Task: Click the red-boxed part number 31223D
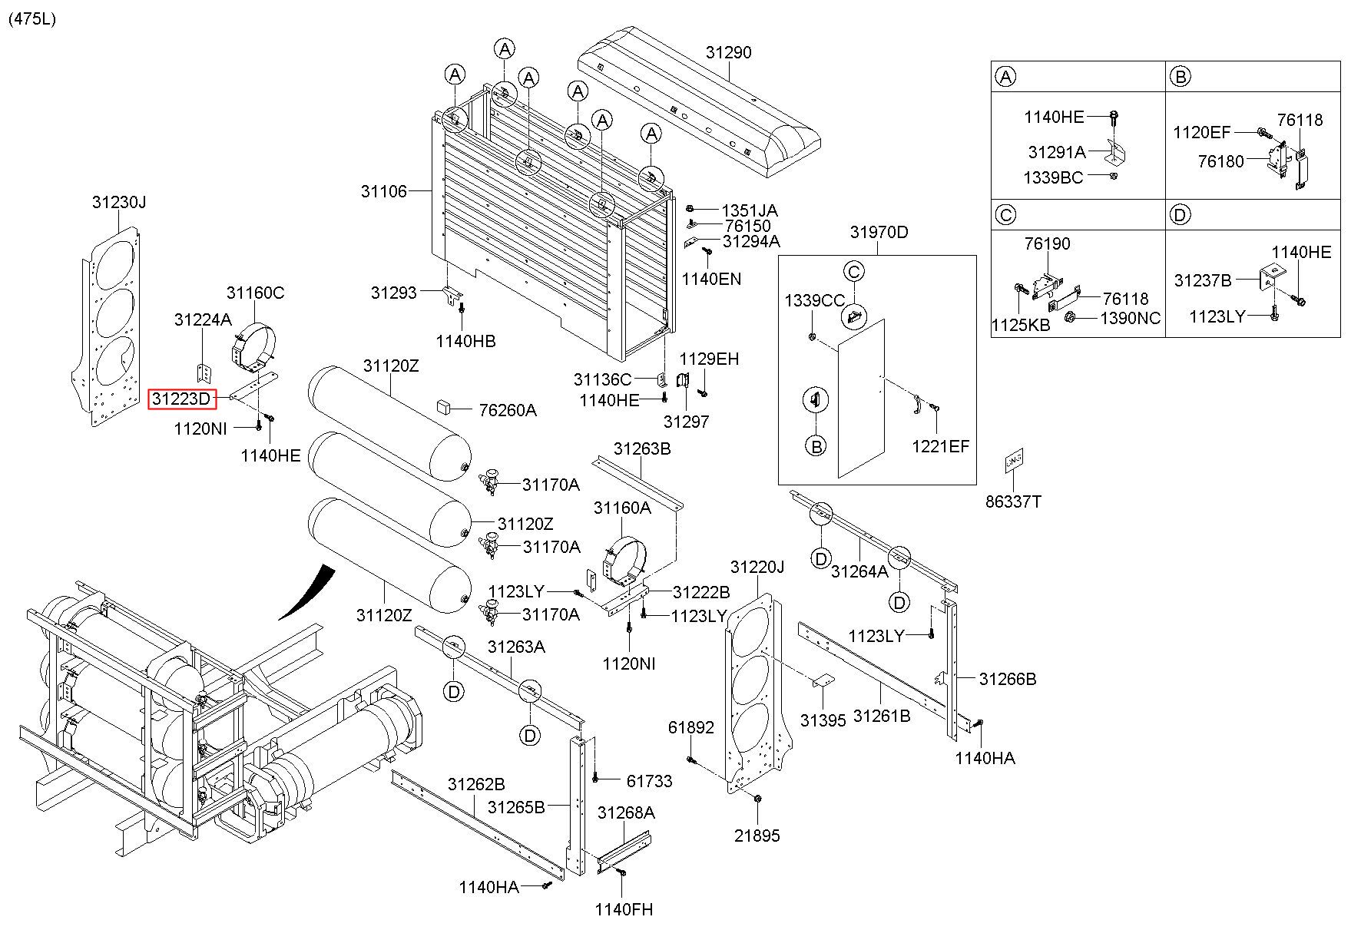(x=182, y=399)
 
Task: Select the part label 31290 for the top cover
(x=728, y=52)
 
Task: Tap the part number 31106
(x=383, y=190)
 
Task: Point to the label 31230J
(x=119, y=202)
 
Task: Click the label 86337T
(x=1013, y=501)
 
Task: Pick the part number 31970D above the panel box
(x=878, y=232)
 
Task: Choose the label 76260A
(x=507, y=410)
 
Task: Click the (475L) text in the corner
(x=32, y=19)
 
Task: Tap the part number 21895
(x=757, y=836)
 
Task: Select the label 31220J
(x=757, y=567)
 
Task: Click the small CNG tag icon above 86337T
(x=1013, y=461)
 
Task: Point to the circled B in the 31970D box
(x=816, y=445)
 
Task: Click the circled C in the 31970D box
(x=854, y=271)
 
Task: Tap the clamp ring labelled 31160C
(x=253, y=343)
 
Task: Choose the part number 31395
(x=823, y=720)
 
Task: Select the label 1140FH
(x=624, y=909)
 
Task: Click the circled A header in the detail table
(x=1005, y=76)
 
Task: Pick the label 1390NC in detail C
(x=1130, y=318)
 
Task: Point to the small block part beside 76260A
(x=444, y=405)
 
